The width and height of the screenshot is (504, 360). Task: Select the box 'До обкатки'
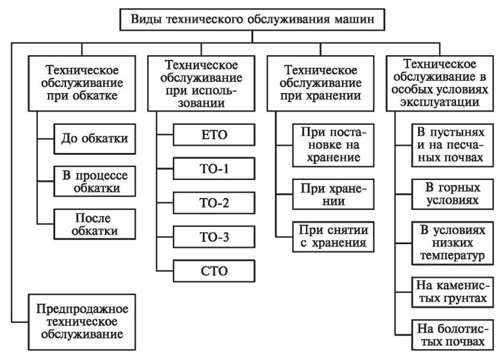pos(95,139)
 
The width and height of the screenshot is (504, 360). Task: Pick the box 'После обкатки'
pos(95,223)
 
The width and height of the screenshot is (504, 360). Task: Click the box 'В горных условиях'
pos(449,193)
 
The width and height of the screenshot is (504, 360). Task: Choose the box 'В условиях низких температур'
pos(449,243)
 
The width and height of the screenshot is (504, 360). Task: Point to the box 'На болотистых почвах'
pos(449,335)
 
